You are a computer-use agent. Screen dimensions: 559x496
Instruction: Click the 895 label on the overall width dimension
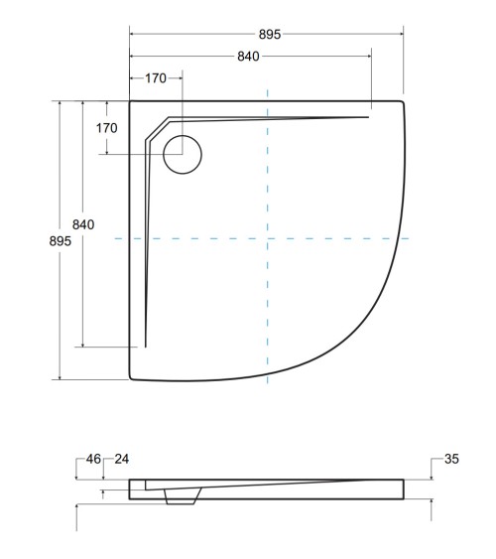(270, 34)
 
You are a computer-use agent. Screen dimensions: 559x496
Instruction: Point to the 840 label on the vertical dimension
(83, 225)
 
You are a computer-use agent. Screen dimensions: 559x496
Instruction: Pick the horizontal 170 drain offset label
(156, 77)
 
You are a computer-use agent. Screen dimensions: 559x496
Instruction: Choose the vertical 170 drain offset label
(107, 128)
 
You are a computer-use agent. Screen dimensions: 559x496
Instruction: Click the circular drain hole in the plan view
(182, 155)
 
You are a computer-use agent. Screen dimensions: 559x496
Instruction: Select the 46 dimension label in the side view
(93, 459)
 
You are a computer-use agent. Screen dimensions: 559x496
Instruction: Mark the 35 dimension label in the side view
(451, 459)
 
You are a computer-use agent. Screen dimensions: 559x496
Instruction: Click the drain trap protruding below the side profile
(180, 499)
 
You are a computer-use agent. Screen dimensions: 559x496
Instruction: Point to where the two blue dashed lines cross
(268, 238)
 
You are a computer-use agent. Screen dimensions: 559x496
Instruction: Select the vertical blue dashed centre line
(268, 308)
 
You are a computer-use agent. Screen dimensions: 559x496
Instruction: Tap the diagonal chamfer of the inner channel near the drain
(156, 128)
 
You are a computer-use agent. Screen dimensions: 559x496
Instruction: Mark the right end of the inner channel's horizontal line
(369, 116)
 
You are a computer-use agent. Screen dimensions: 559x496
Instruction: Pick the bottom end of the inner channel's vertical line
(146, 347)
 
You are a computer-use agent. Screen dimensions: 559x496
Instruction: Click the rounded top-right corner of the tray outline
(401, 101)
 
